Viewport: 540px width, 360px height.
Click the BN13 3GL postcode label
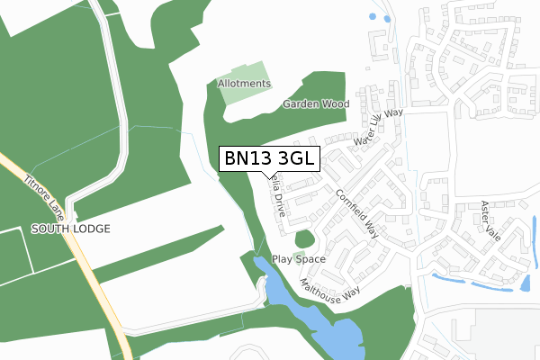(x=268, y=158)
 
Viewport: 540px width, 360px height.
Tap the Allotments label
(x=244, y=84)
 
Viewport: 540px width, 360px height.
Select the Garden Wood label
(x=316, y=104)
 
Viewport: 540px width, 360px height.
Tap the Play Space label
(x=299, y=259)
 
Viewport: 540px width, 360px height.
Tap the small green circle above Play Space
(x=305, y=240)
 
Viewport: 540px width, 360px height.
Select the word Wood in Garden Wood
(x=335, y=104)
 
